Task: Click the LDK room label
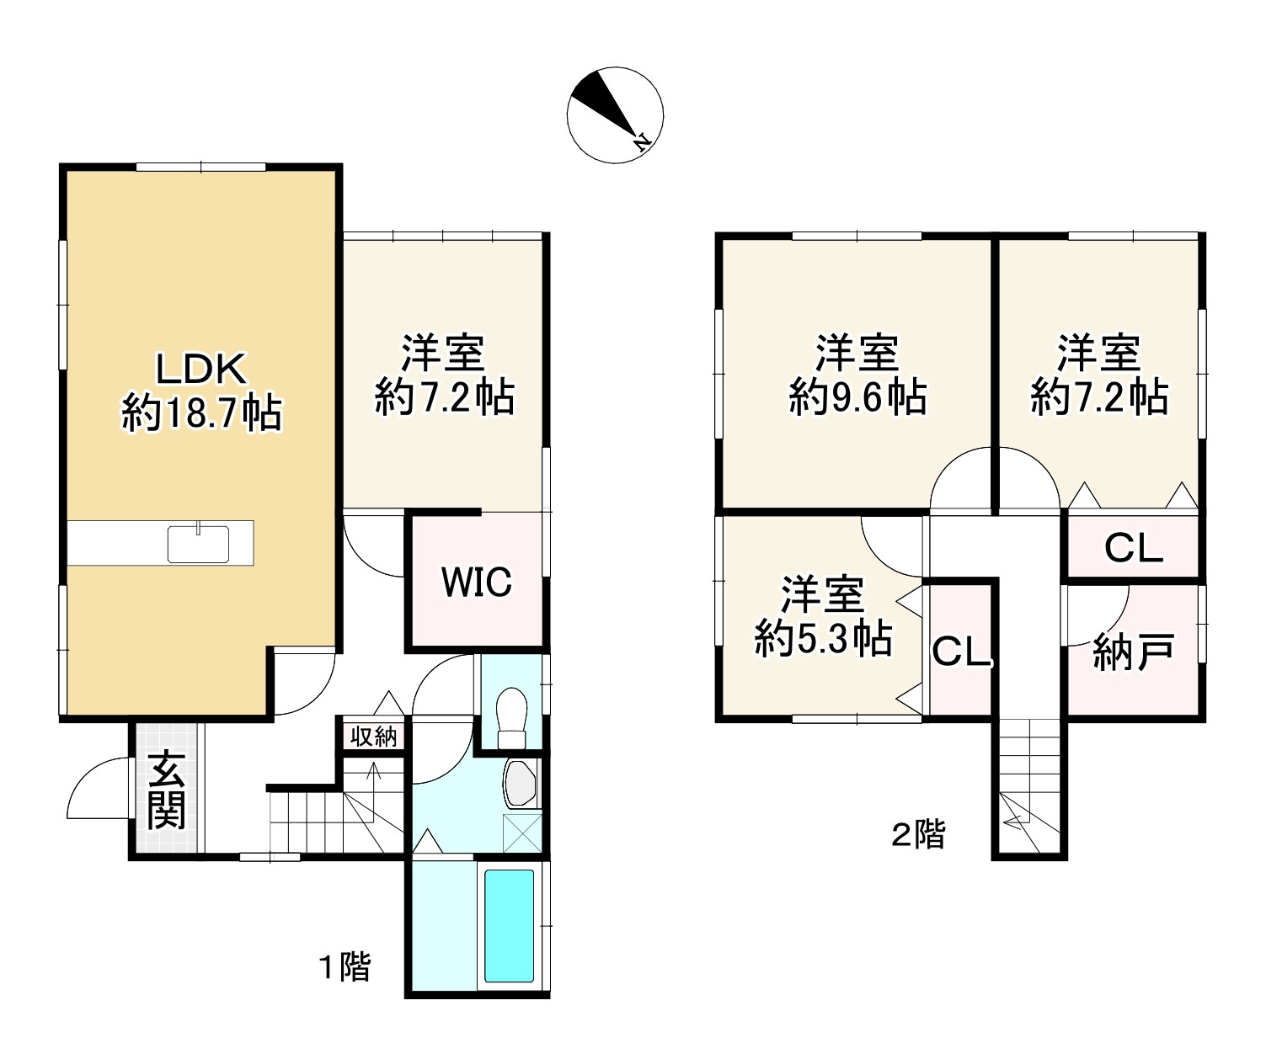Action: click(x=200, y=368)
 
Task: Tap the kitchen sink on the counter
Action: click(x=198, y=544)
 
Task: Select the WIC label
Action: click(x=477, y=582)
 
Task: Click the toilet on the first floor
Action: click(x=511, y=718)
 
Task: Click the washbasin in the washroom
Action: click(x=521, y=785)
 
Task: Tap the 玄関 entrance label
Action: click(x=166, y=790)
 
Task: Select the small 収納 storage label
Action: click(x=373, y=737)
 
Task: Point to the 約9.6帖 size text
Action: click(x=857, y=397)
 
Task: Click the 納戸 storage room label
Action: click(x=1133, y=652)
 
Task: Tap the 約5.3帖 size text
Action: click(x=823, y=638)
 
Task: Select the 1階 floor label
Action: click(x=345, y=966)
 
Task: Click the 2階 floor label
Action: click(x=917, y=834)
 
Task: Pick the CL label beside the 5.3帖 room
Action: click(x=960, y=652)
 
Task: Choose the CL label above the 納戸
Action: click(x=1133, y=548)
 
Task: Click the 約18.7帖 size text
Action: click(x=201, y=412)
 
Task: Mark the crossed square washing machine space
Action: click(x=522, y=833)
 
